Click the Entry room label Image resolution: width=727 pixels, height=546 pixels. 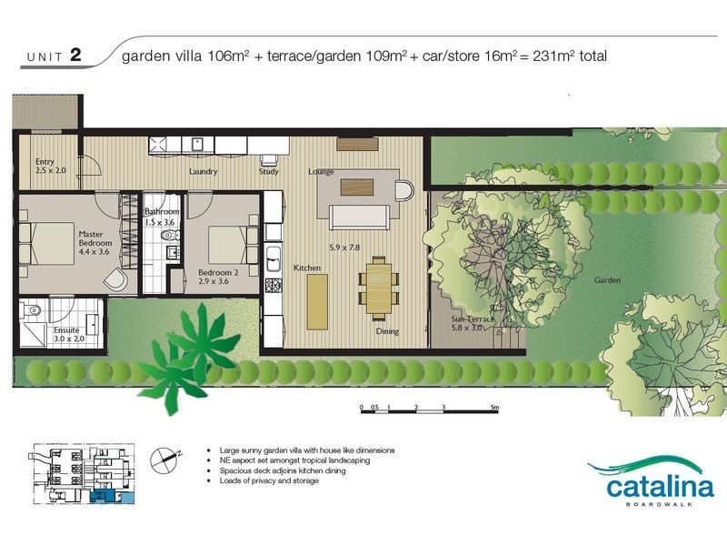(51, 166)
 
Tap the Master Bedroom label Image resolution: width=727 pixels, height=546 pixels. (95, 243)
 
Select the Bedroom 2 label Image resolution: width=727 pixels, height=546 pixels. (218, 277)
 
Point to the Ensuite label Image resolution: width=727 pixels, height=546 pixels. (69, 334)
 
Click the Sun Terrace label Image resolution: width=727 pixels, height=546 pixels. (473, 323)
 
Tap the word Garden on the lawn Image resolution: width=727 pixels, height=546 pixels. (607, 280)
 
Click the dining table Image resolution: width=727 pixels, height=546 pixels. (379, 288)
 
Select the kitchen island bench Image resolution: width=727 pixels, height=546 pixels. (317, 302)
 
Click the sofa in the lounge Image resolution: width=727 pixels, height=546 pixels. (359, 217)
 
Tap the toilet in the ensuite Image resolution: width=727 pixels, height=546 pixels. (32, 309)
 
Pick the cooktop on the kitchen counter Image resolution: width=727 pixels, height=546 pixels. (273, 285)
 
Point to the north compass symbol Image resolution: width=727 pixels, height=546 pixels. (164, 460)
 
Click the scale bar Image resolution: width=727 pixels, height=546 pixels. (429, 411)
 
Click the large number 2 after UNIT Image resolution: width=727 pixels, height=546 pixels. (75, 55)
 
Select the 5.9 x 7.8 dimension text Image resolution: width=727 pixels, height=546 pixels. (344, 248)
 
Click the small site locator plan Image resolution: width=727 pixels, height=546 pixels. (84, 474)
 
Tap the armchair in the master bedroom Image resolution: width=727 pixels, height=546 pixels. (115, 280)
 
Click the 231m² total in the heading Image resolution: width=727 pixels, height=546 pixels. (570, 56)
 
